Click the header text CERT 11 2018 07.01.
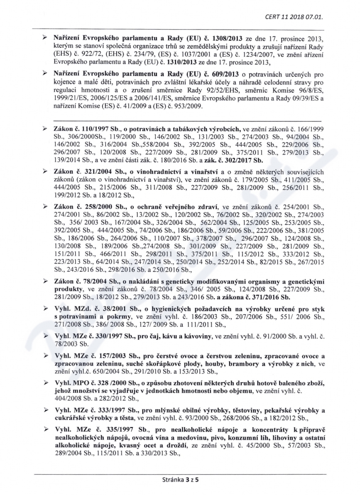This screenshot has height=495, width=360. pyautogui.click(x=294, y=18)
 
